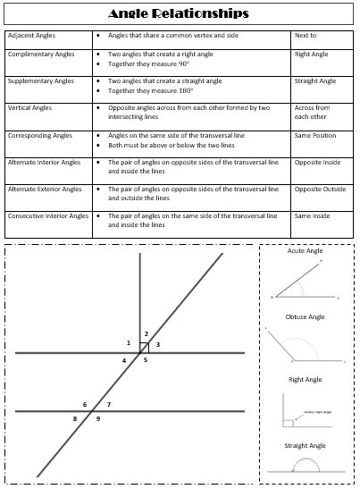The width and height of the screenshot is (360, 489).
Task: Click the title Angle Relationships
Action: pos(179,14)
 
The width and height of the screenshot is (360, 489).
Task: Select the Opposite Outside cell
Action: pos(319,190)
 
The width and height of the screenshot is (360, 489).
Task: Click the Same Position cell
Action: pos(314,136)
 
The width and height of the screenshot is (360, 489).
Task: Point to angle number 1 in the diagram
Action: pos(129,343)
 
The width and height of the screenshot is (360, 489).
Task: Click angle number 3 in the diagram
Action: pos(158,344)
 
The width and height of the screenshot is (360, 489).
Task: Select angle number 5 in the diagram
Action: pos(146,360)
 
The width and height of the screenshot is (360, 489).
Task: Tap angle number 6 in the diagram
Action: pos(85,405)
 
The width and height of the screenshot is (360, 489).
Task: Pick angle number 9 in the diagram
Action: pos(98,418)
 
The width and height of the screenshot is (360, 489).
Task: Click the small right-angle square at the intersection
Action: pos(144,348)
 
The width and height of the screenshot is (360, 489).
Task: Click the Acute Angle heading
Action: pos(305,251)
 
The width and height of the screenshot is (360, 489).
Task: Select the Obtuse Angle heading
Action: pos(306,316)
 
